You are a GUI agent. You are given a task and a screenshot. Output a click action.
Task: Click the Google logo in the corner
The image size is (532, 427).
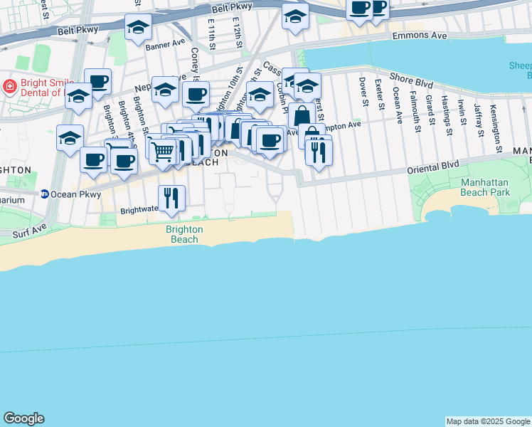(x=23, y=418)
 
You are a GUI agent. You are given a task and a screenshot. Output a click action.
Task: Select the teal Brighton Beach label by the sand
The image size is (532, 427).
(x=184, y=234)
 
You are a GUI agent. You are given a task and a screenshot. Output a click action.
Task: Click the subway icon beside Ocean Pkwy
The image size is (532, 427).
(x=44, y=194)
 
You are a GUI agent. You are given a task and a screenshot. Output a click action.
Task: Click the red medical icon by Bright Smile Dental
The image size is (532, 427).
(x=10, y=88)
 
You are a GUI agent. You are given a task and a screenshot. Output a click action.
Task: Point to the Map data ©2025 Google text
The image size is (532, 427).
(x=488, y=421)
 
